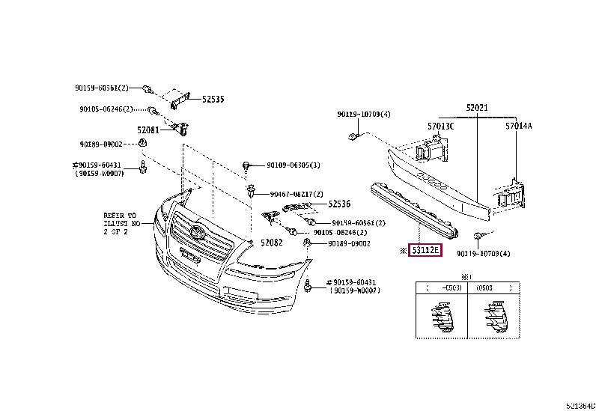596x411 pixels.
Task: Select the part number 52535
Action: point(213,99)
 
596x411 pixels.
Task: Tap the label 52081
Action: point(148,130)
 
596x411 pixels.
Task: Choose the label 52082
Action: point(273,243)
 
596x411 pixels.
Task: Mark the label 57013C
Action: point(441,127)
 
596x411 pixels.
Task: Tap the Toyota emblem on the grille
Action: point(197,231)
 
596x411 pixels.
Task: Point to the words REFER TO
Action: point(120,216)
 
